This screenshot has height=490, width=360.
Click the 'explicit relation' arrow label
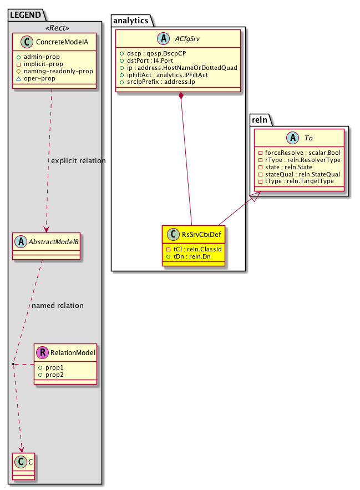(x=78, y=161)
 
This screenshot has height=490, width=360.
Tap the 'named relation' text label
(x=58, y=305)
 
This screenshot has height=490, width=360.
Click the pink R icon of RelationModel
(x=42, y=351)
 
